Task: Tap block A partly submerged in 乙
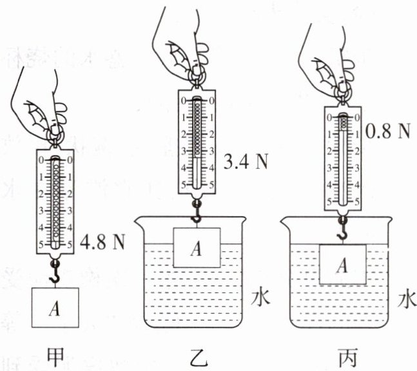tap(197, 247)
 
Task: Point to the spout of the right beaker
tap(286, 222)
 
